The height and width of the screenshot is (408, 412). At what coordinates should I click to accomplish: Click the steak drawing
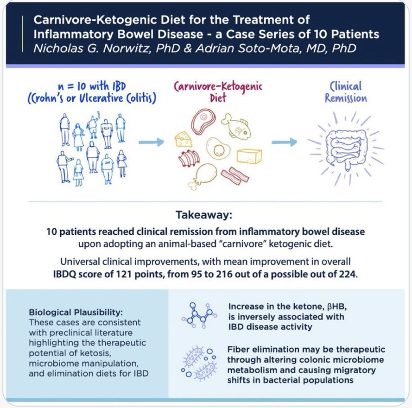point(203,122)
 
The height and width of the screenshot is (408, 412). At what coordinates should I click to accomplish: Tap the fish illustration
point(236,126)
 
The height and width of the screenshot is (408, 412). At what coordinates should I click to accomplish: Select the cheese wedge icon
point(183,139)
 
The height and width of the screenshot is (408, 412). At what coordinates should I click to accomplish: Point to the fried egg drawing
point(218,149)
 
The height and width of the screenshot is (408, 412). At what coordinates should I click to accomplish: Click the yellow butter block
point(249,156)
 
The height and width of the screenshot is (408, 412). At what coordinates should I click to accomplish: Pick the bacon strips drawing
point(235,175)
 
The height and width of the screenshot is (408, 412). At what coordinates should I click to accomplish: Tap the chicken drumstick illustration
point(202,175)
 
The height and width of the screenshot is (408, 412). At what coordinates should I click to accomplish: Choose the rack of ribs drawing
point(189,158)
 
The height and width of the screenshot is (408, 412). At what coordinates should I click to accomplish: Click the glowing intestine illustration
point(346,149)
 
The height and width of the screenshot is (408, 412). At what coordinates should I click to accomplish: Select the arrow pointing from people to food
point(151,142)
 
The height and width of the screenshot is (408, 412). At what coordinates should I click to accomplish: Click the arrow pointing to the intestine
point(285,142)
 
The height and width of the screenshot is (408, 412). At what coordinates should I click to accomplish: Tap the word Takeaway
point(204,215)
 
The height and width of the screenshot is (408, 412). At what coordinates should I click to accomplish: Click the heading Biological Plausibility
point(76,312)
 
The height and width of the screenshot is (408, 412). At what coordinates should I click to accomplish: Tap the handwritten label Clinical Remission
point(346,92)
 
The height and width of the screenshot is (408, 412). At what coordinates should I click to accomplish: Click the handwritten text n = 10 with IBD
point(92,86)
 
